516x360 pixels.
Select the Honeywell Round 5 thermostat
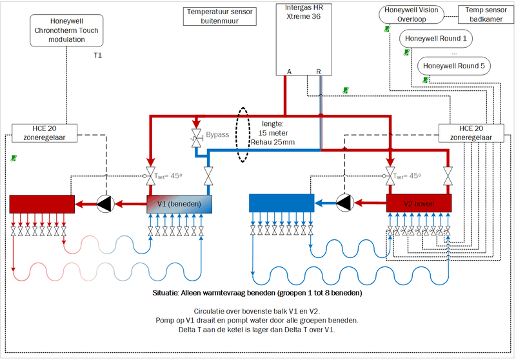pos(454,66)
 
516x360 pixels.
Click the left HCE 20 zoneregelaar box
pos(46,132)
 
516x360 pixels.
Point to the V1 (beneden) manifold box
pos(179,204)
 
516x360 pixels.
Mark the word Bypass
pos(217,135)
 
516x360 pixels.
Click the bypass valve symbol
pos(195,137)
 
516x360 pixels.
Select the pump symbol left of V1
pos(106,204)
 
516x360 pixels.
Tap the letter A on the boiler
pos(290,71)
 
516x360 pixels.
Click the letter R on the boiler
pos(318,71)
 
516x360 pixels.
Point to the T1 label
pos(98,57)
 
